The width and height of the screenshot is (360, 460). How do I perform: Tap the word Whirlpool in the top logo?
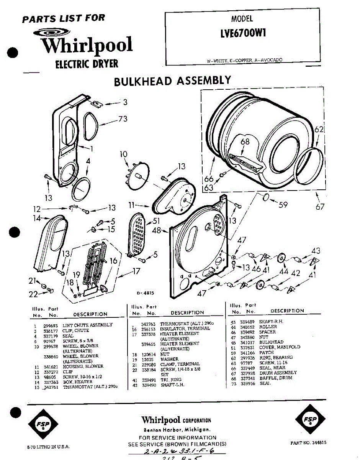click(87, 46)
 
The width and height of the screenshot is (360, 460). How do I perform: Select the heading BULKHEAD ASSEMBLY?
click(173, 81)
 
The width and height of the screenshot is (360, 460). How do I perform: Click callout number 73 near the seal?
click(123, 119)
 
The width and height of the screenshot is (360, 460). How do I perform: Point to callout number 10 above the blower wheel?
click(123, 154)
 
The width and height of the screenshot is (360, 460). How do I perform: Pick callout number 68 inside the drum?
click(245, 142)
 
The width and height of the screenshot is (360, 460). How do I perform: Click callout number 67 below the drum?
click(320, 207)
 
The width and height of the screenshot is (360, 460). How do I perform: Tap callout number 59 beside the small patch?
click(283, 205)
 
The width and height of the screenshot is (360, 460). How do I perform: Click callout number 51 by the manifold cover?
click(156, 221)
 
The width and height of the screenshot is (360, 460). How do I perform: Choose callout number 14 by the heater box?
click(37, 219)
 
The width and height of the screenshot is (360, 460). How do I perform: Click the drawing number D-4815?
click(145, 293)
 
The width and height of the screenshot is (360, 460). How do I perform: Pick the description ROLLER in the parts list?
click(268, 327)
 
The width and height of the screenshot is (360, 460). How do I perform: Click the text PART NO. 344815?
click(308, 442)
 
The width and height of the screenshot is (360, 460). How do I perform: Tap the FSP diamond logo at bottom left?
click(43, 424)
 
